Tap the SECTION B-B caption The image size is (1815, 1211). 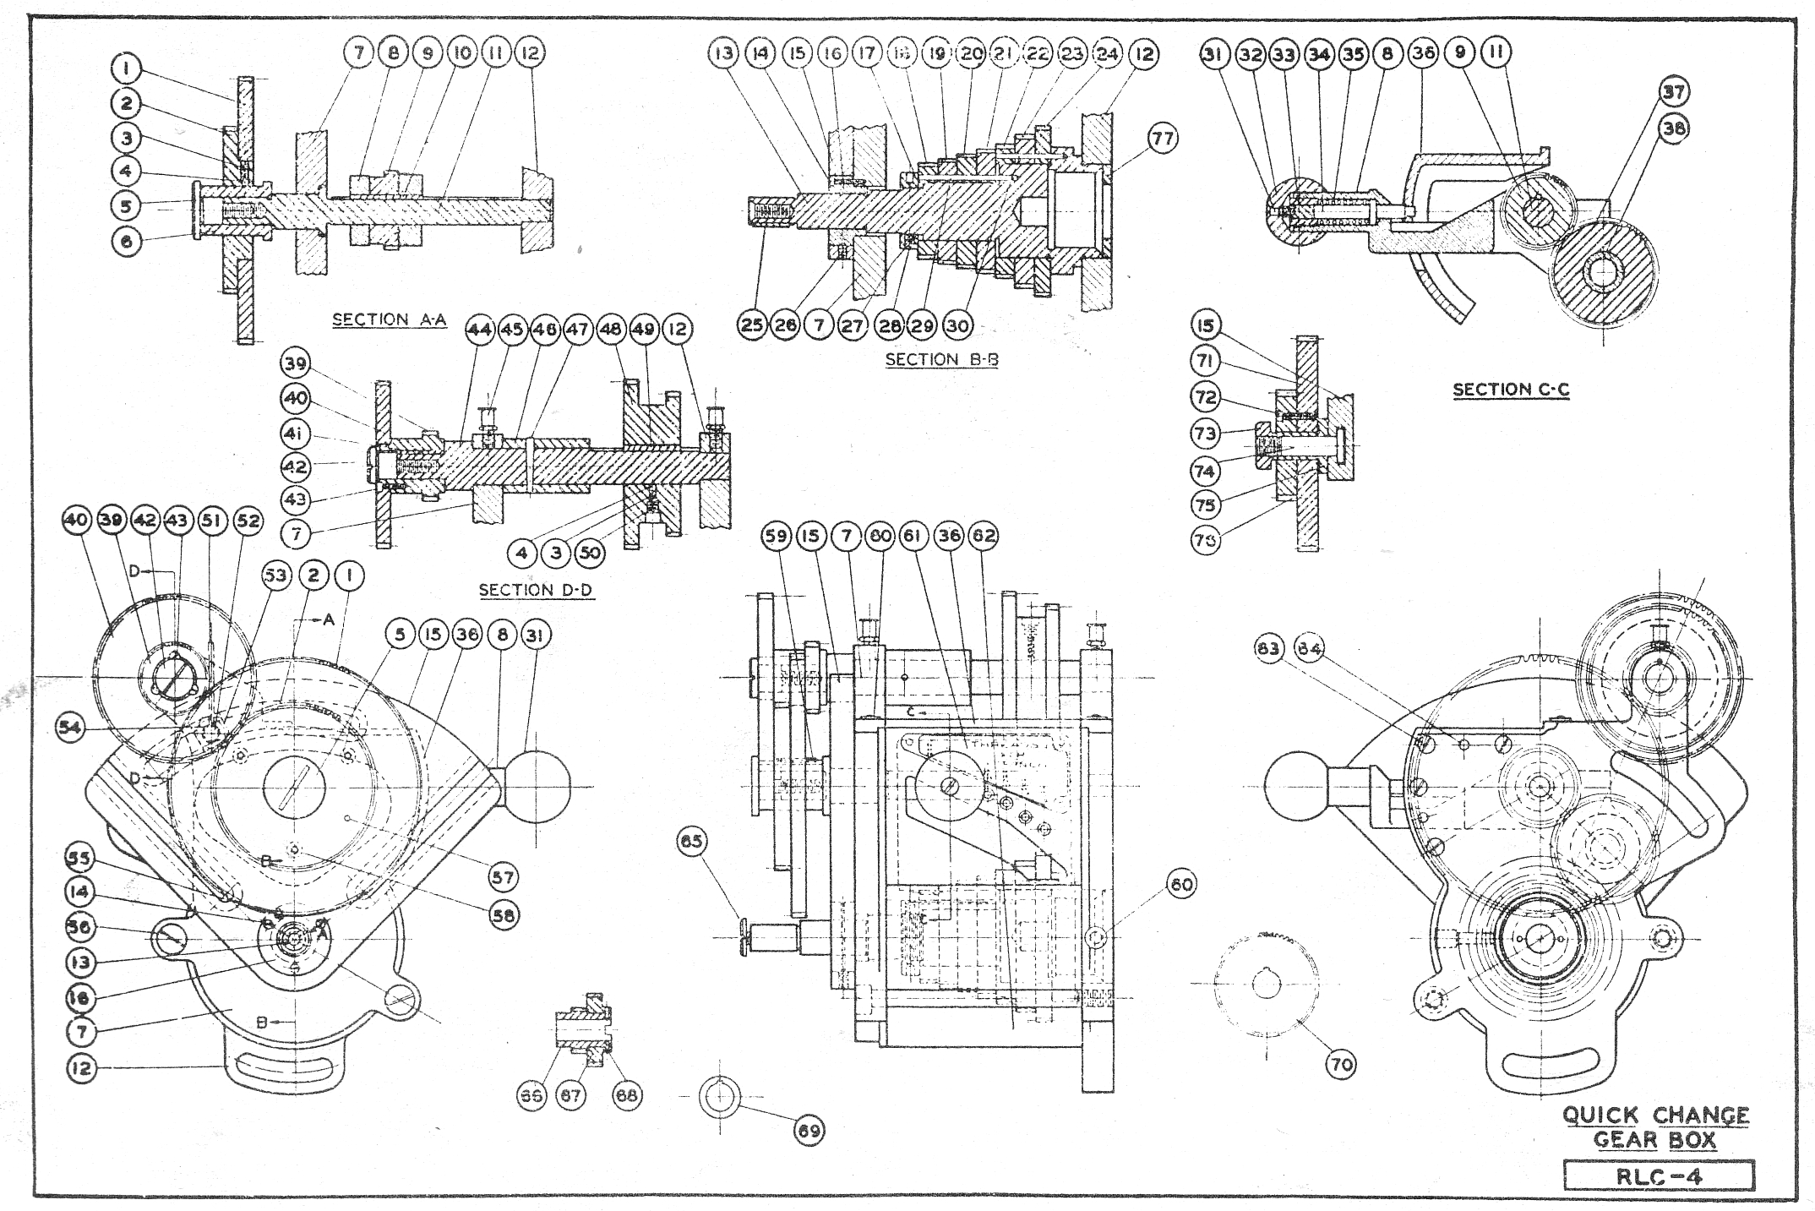pyautogui.click(x=941, y=359)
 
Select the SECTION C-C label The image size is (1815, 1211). pyautogui.click(x=1511, y=390)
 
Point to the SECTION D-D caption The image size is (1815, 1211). pyautogui.click(x=536, y=589)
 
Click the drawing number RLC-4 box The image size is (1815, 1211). pyautogui.click(x=1659, y=1176)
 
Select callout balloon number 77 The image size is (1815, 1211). pyautogui.click(x=1163, y=138)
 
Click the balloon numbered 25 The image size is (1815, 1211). pyautogui.click(x=751, y=325)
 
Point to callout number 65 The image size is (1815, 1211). pyautogui.click(x=693, y=842)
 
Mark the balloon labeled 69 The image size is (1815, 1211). pyautogui.click(x=809, y=1131)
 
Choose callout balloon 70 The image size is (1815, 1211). pyautogui.click(x=1341, y=1064)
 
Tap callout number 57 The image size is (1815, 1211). pyautogui.click(x=503, y=878)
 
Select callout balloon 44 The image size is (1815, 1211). pyautogui.click(x=479, y=330)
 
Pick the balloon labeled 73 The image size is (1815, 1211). pyautogui.click(x=1206, y=434)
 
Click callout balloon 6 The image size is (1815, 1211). pyautogui.click(x=127, y=241)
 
